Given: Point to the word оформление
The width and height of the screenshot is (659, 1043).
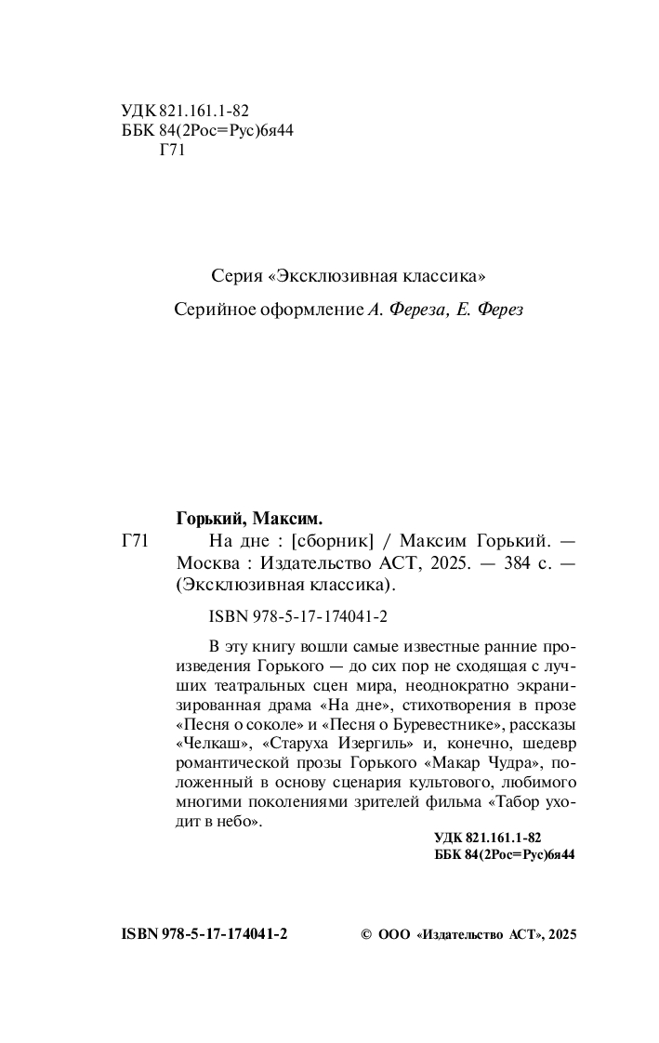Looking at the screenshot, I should coord(308,310).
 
